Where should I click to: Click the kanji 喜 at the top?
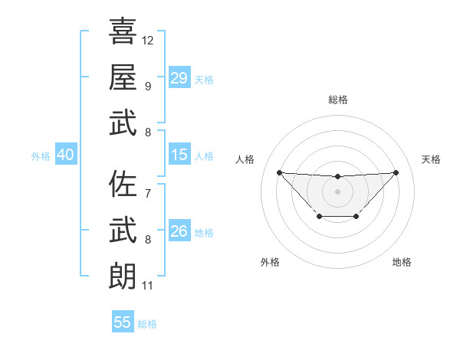[x=123, y=31]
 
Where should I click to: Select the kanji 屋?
[x=123, y=77]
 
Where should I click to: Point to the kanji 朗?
[x=123, y=276]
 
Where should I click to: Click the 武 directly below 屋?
[x=123, y=123]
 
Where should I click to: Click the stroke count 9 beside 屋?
[x=147, y=86]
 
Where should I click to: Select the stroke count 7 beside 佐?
[x=147, y=193]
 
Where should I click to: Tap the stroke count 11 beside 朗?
[x=147, y=286]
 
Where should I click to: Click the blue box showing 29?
[x=179, y=77]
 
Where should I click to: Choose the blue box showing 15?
[x=179, y=155]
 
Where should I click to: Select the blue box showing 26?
[x=179, y=231]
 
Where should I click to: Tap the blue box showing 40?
[x=66, y=155]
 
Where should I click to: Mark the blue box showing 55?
[x=123, y=322]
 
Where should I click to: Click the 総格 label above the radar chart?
[x=337, y=100]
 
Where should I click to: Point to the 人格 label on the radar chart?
[x=245, y=159]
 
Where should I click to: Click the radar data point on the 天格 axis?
[x=396, y=172]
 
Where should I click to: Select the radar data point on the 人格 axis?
[x=279, y=172]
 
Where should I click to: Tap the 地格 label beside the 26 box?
[x=204, y=233]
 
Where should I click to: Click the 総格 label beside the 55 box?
[x=147, y=324]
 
